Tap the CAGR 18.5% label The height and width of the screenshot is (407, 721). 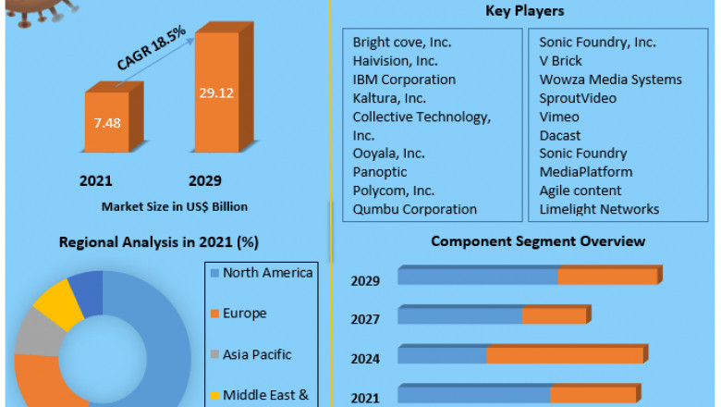tap(151, 49)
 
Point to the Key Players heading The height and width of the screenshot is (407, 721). tap(525, 12)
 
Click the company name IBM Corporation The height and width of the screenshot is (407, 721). tap(404, 80)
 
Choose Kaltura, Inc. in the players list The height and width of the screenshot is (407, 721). tap(389, 98)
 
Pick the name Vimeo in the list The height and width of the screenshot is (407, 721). tap(559, 117)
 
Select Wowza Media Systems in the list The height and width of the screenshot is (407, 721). tap(611, 80)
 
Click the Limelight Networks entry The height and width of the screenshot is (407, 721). tap(599, 209)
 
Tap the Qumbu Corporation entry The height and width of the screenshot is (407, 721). tap(415, 209)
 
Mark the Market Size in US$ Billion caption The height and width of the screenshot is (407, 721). tap(175, 206)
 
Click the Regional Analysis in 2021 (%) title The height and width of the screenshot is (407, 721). tap(158, 242)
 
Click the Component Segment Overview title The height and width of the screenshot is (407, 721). tap(538, 241)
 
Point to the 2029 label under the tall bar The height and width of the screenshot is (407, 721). tap(204, 179)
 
